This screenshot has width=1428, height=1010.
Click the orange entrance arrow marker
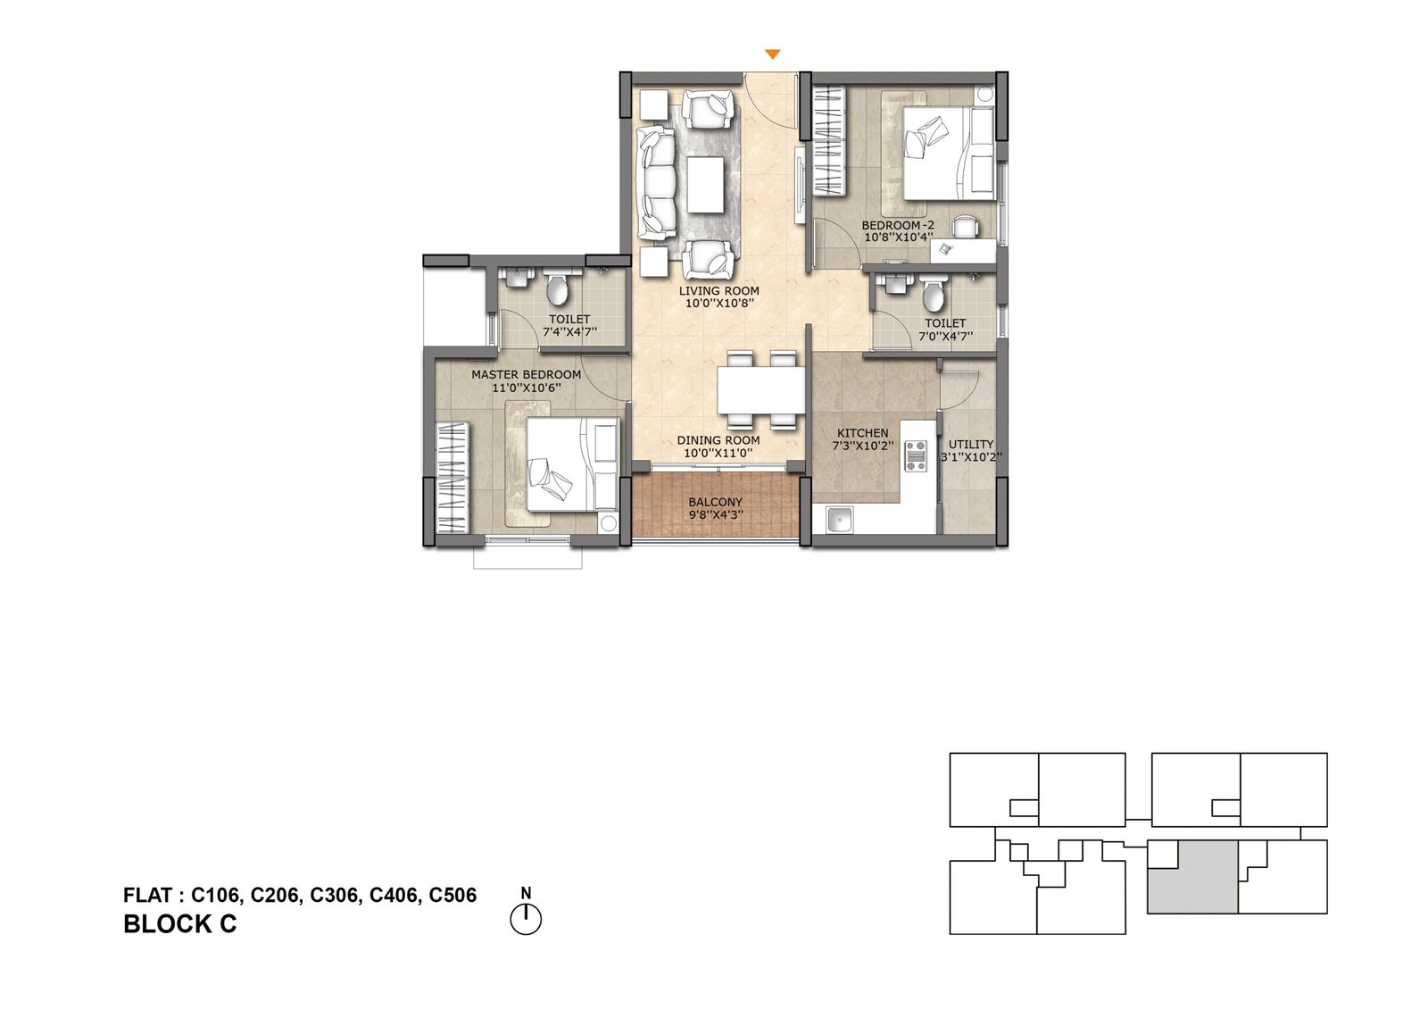point(773,55)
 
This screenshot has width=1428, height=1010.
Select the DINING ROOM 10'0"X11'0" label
point(718,447)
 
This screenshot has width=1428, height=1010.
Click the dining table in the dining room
point(761,391)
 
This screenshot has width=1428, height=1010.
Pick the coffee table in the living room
point(705,185)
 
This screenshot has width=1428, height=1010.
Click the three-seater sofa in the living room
point(655,183)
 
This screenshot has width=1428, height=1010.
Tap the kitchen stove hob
point(916,455)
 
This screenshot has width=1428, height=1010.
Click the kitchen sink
point(839,520)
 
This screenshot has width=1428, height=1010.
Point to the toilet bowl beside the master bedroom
point(557,289)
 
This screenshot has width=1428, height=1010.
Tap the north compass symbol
point(526,918)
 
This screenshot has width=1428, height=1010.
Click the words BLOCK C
point(179,924)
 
